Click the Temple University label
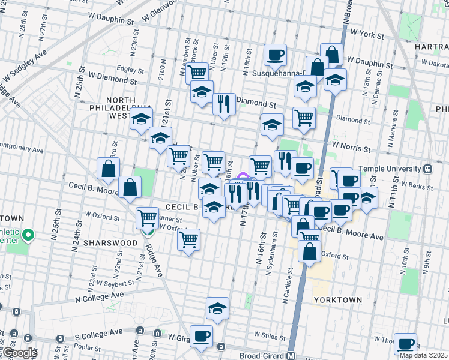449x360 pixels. [x=390, y=169]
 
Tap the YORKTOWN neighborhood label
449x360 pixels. [x=338, y=299]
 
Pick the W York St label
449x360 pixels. [x=367, y=35]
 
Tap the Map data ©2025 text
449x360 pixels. [x=423, y=355]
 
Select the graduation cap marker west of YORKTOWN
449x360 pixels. [x=217, y=308]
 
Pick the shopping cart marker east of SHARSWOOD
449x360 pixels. [x=189, y=240]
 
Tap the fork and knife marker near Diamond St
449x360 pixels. [x=224, y=103]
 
